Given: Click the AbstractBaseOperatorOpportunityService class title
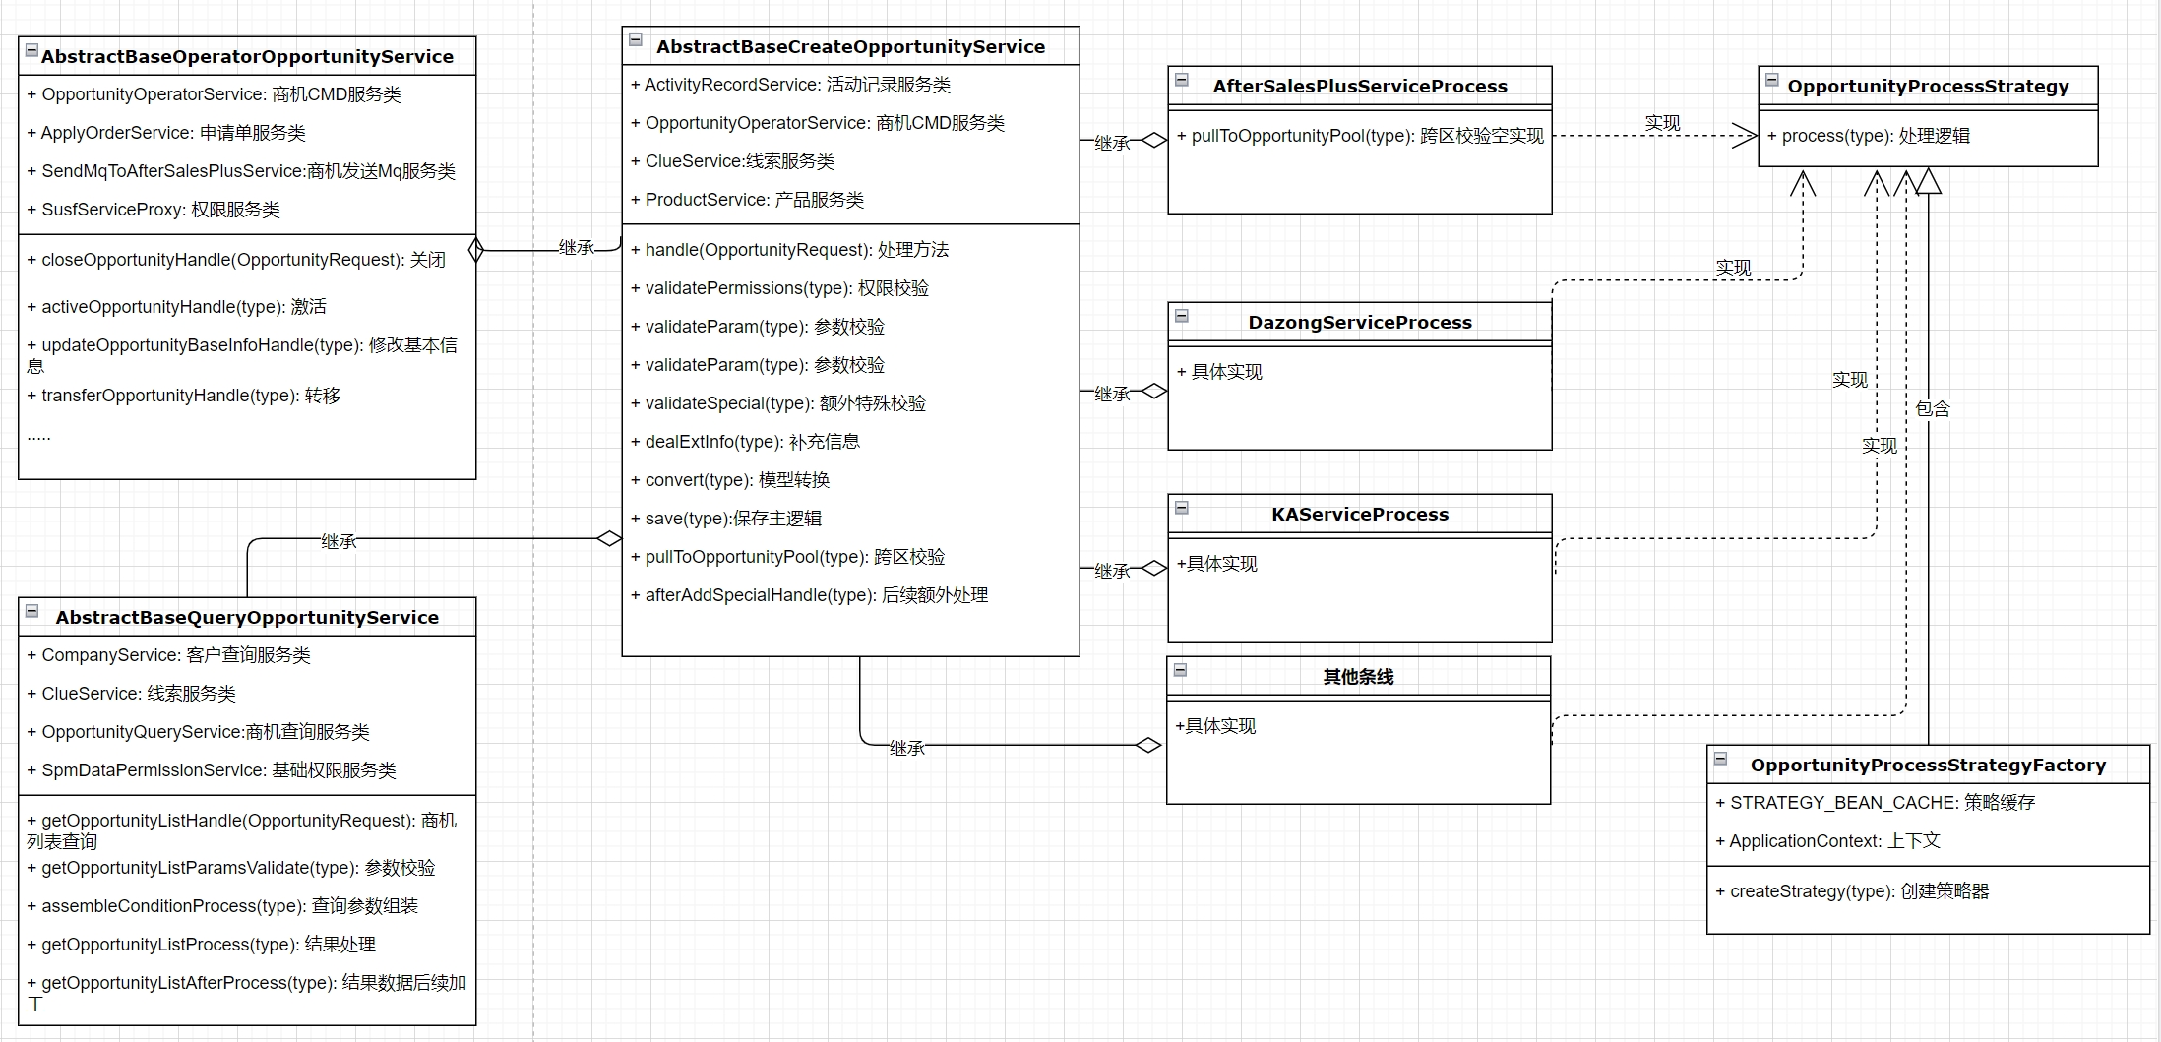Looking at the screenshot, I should [247, 57].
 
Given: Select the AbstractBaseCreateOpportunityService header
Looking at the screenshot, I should [850, 47].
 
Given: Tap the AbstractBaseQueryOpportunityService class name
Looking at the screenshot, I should [247, 618].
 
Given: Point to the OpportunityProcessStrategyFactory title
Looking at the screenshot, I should [1928, 766].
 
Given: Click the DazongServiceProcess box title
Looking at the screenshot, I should [1360, 323].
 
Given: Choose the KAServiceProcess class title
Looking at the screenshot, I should [1360, 515].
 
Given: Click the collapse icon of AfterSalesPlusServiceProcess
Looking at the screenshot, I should [1182, 80].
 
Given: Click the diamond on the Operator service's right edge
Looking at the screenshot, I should [476, 250].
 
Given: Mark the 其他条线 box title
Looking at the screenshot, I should [1358, 677].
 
